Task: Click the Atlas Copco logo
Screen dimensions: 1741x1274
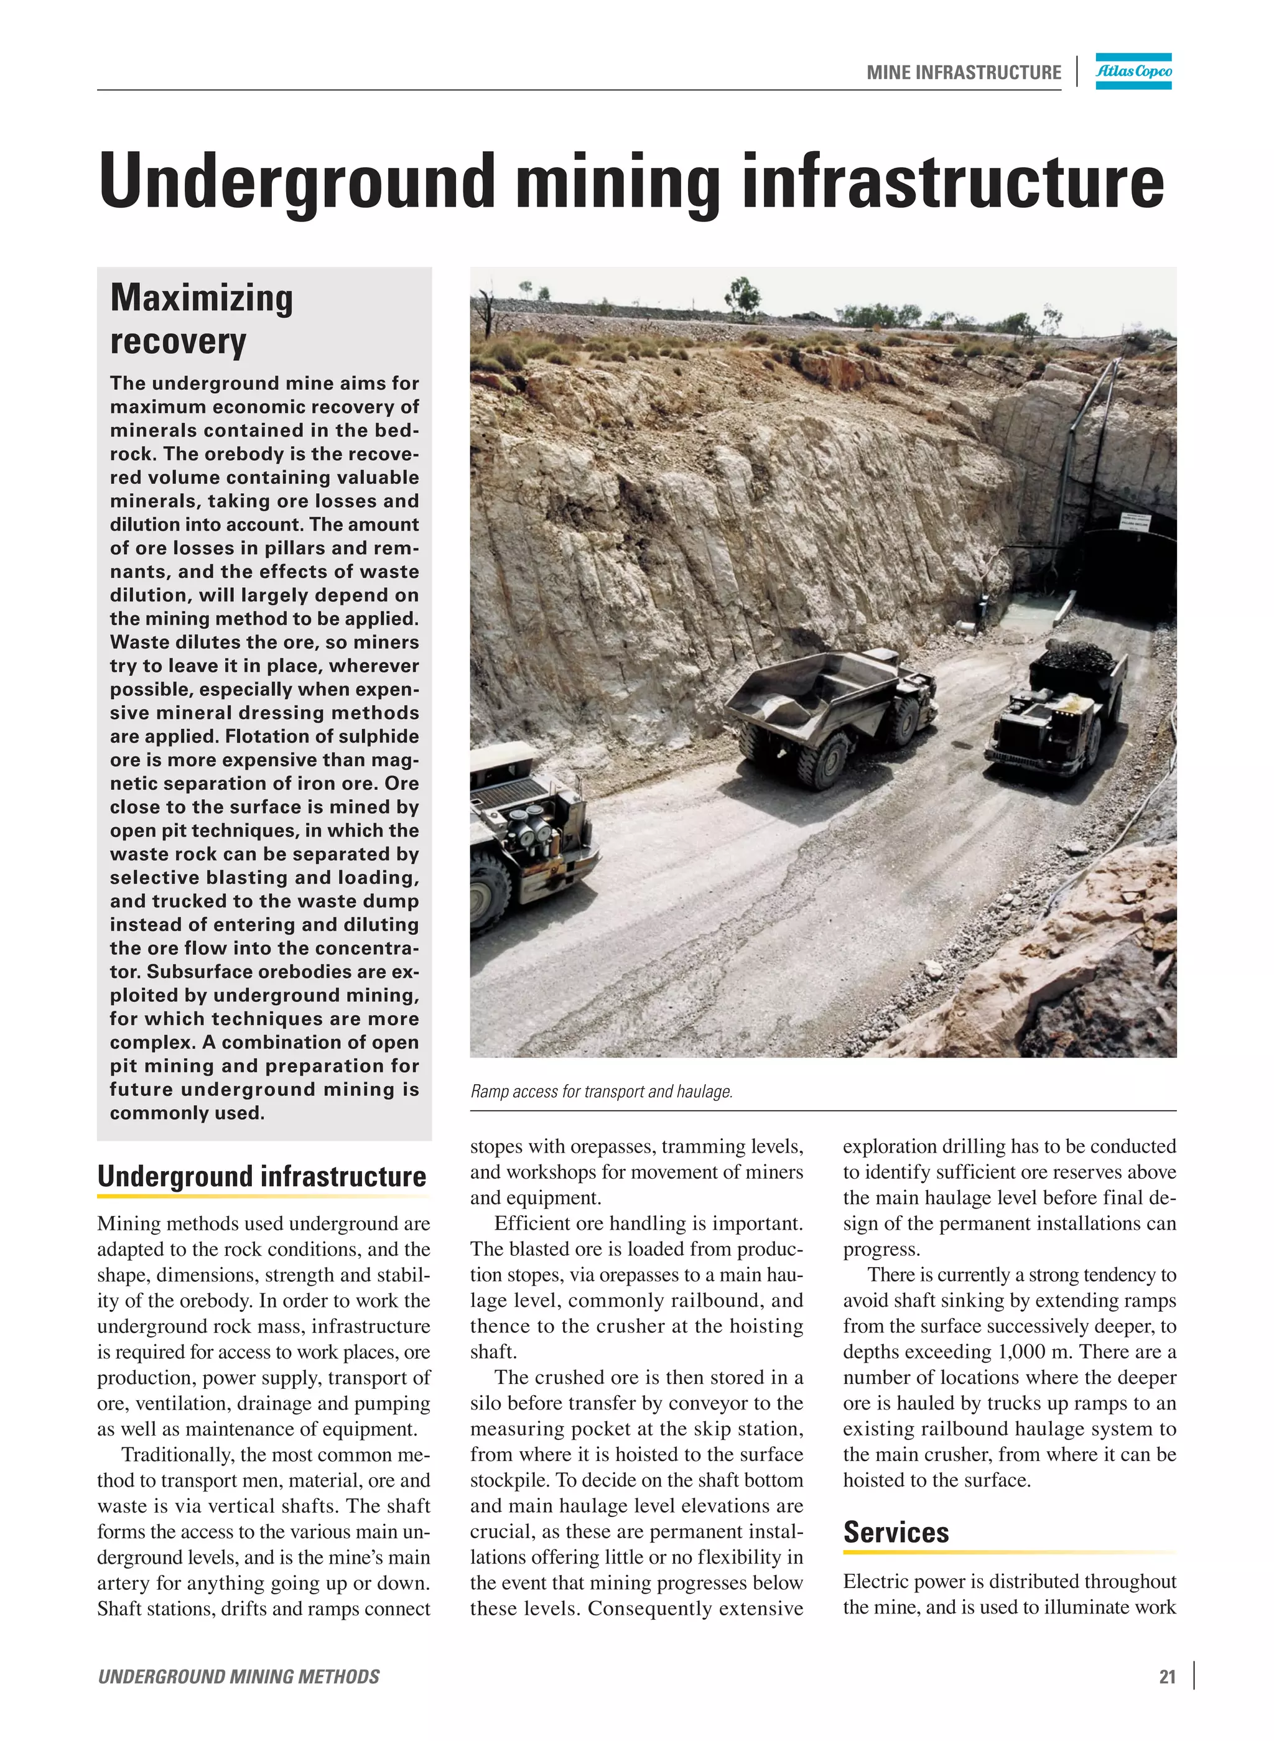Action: click(x=1133, y=71)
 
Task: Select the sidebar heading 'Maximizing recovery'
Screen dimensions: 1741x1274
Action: click(x=202, y=318)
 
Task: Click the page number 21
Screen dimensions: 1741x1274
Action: click(x=1167, y=1676)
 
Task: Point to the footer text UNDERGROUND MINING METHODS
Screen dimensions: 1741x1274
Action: click(x=238, y=1676)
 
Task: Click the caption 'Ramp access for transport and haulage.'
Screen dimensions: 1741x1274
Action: click(x=602, y=1091)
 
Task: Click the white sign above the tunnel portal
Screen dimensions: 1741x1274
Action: click(x=1133, y=519)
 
